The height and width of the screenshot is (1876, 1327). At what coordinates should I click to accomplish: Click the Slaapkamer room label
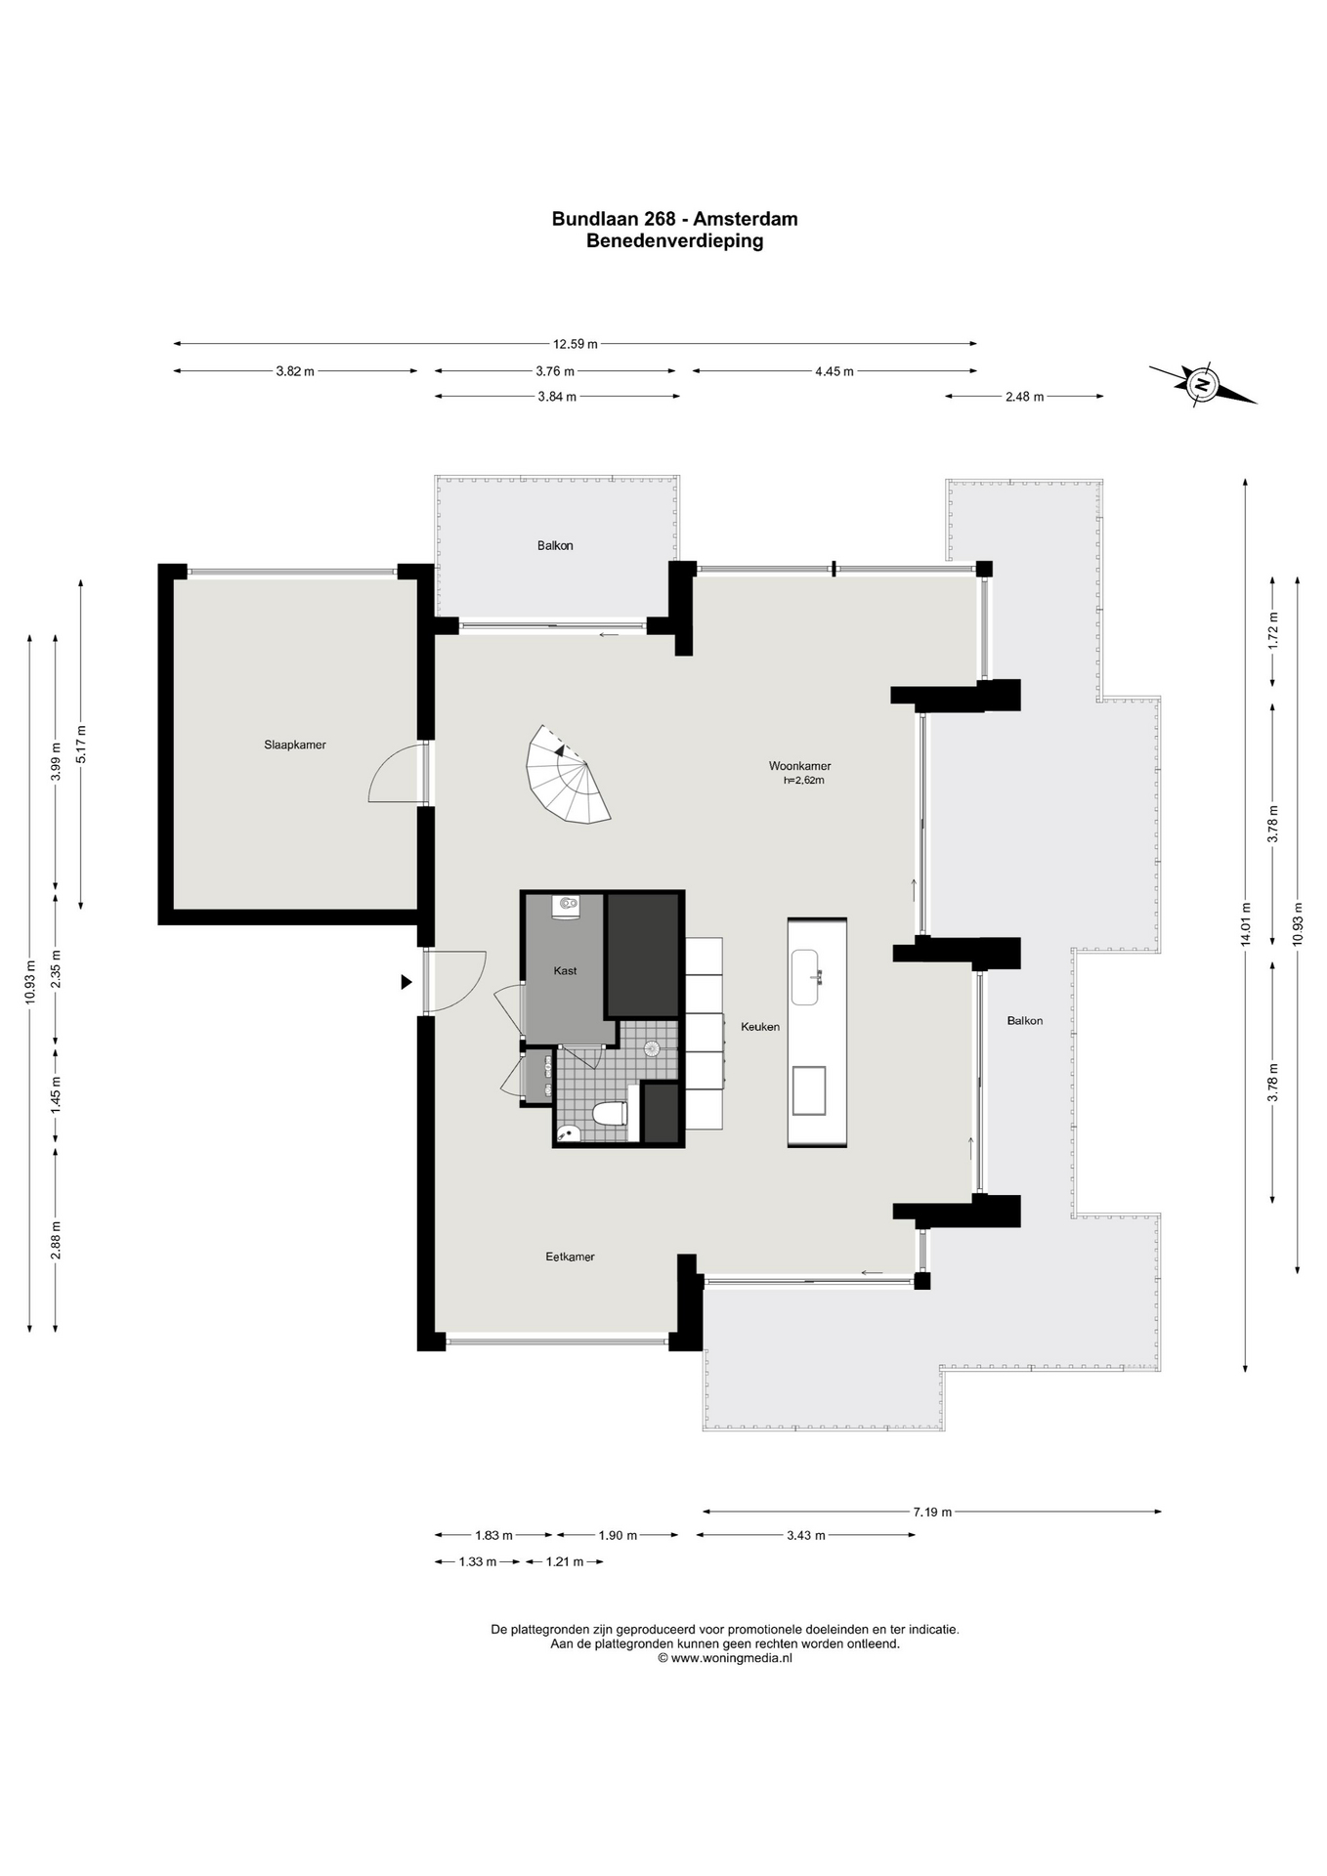[x=294, y=745]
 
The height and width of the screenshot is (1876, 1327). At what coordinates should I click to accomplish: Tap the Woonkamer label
[x=799, y=766]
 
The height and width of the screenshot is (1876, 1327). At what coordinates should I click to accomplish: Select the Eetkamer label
[x=570, y=1257]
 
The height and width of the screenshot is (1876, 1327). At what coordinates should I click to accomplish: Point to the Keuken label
[x=760, y=1026]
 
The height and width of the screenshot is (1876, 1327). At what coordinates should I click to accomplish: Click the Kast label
[x=565, y=970]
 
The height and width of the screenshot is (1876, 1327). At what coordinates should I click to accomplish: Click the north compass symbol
[x=1203, y=384]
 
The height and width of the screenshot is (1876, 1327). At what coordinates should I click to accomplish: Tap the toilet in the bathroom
[x=610, y=1115]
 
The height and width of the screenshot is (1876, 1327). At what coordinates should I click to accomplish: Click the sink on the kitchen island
[x=806, y=977]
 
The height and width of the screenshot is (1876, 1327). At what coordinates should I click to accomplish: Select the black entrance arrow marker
[x=407, y=982]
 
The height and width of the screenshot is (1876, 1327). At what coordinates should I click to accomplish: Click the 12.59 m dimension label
[x=575, y=344]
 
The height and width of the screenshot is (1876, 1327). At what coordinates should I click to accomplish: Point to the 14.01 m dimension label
[x=1245, y=922]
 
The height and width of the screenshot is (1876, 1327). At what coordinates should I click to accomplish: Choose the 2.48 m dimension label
[x=1024, y=397]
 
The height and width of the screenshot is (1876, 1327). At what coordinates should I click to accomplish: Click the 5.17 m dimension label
[x=81, y=744]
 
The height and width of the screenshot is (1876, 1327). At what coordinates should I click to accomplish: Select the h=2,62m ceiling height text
[x=803, y=780]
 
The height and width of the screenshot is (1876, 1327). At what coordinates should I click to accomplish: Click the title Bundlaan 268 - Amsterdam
[x=674, y=219]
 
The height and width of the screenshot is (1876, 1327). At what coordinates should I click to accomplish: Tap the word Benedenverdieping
[x=674, y=240]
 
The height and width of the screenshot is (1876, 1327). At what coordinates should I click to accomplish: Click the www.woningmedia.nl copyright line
[x=724, y=1657]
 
